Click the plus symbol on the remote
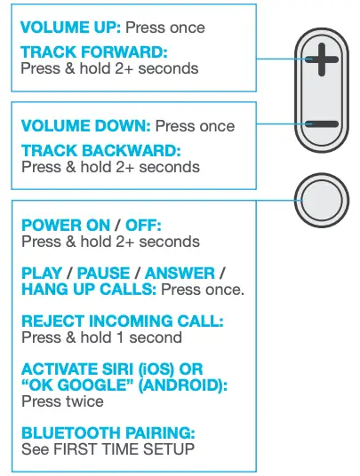coord(325,63)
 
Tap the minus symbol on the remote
coord(325,124)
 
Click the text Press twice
coord(62,401)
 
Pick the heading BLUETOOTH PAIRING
coord(108,434)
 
